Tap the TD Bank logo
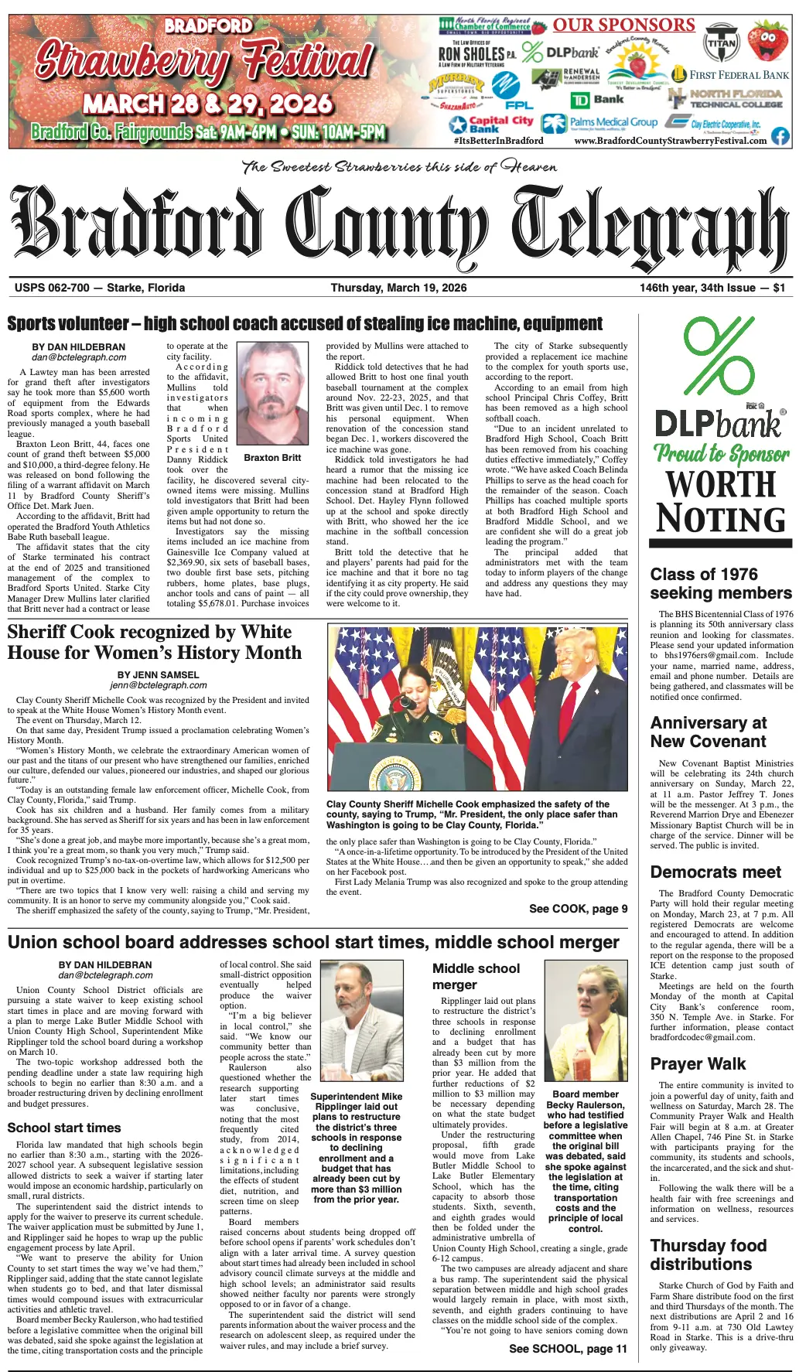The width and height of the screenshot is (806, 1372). [597, 100]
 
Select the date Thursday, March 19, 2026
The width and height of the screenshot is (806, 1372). [398, 288]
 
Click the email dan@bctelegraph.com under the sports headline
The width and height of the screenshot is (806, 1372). [79, 357]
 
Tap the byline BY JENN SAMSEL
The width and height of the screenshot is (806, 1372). [158, 675]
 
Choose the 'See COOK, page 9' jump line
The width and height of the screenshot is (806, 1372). [578, 909]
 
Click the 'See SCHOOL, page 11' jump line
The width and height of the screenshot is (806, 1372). [568, 1349]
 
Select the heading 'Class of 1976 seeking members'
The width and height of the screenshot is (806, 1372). [721, 583]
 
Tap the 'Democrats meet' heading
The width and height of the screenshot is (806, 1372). [715, 872]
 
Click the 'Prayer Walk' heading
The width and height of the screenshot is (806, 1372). [698, 1063]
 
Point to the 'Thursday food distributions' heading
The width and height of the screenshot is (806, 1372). [708, 1254]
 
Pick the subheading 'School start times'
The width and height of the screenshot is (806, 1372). [64, 1128]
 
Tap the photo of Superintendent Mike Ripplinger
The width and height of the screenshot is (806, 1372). [356, 1022]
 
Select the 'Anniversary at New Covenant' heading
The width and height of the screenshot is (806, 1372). [708, 732]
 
